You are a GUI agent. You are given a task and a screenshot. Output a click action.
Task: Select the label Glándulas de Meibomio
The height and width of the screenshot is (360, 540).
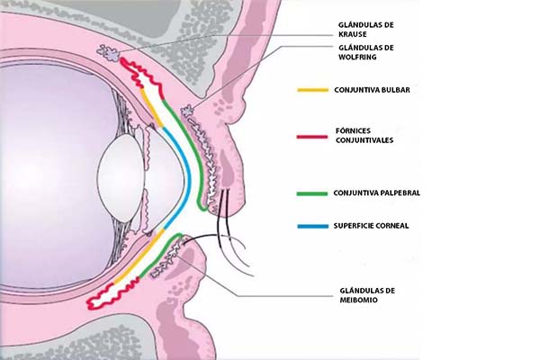[364, 294]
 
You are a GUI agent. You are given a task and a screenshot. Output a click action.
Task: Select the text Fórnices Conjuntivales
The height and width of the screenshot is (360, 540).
[364, 136]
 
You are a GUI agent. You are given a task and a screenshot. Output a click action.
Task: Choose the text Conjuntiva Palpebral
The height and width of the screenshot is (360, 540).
[375, 193]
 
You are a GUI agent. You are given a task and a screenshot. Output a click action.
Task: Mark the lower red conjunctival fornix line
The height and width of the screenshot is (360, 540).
[126, 285]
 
